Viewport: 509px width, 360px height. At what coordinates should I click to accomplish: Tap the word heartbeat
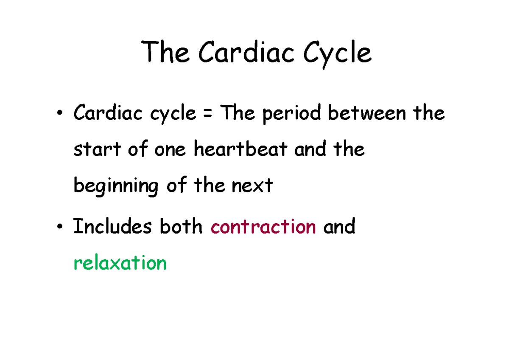(x=241, y=149)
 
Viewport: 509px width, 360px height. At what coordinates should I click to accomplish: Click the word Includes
(x=112, y=226)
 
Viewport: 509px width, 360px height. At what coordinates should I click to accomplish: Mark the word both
(x=181, y=226)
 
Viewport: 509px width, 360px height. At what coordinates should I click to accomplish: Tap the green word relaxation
(x=120, y=263)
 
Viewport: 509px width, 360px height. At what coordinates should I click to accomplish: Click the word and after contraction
(x=339, y=226)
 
